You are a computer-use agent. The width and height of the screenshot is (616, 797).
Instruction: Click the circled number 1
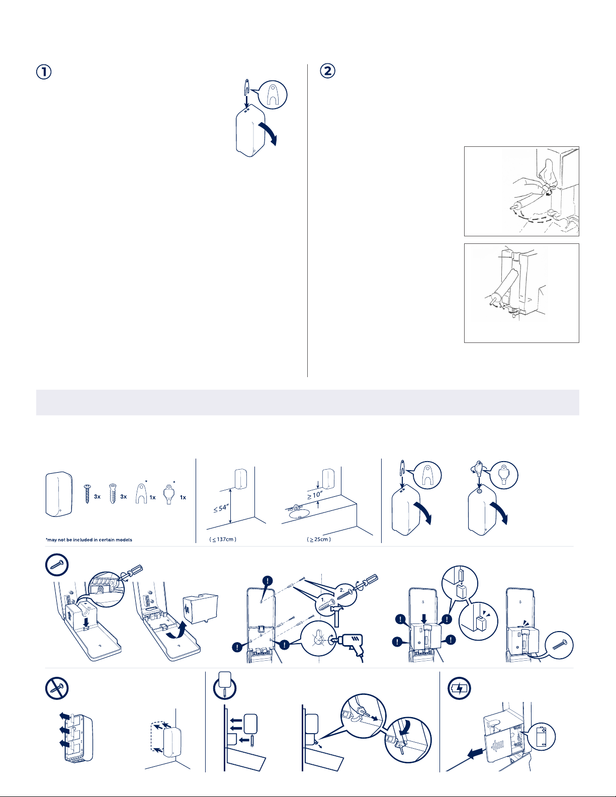44,72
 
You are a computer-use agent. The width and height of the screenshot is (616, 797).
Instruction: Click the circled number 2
327,71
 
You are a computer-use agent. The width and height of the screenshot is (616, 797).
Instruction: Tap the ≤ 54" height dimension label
221,508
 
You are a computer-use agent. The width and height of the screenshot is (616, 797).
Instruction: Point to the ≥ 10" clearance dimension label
315,495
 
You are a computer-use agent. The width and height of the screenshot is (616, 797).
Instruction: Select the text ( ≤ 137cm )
223,540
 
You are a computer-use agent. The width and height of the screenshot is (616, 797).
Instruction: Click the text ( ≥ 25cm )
319,540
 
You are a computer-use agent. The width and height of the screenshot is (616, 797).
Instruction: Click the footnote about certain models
89,540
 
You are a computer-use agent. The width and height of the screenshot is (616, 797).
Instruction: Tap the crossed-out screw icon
57,688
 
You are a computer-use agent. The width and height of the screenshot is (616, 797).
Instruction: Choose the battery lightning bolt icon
460,688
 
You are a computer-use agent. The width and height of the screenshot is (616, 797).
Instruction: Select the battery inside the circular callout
542,736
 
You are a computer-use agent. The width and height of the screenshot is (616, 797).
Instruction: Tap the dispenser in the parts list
59,494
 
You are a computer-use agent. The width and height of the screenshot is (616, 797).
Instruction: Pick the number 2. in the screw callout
342,590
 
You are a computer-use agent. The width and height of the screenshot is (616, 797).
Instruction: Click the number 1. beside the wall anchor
323,600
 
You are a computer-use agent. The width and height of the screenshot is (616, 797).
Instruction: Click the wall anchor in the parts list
113,494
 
